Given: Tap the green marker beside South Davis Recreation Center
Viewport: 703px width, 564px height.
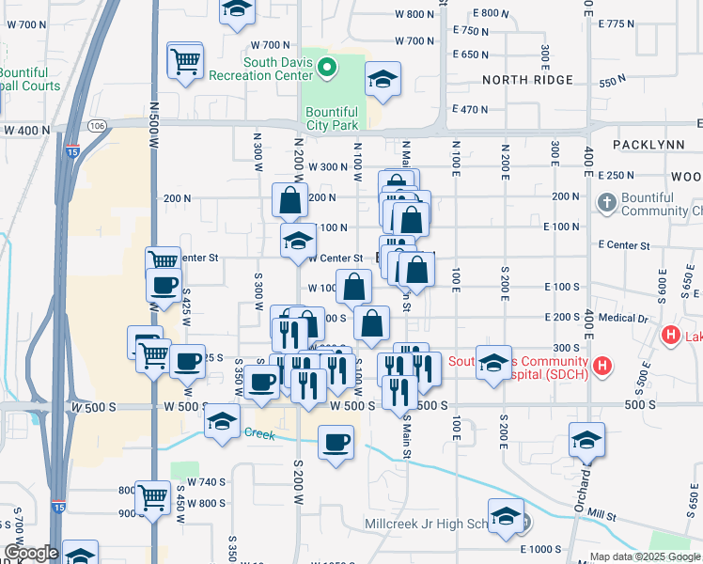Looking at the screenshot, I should tap(327, 67).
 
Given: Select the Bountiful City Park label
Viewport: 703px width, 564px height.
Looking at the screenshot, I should tap(332, 118).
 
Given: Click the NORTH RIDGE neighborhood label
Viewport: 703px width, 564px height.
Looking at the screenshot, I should tap(521, 80).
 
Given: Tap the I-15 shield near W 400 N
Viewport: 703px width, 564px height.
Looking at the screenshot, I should tap(72, 149).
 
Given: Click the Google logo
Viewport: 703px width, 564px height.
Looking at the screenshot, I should tap(31, 553).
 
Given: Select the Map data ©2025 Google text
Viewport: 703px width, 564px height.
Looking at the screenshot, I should tap(644, 556).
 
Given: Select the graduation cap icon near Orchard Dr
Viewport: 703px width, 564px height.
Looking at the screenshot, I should tap(586, 439).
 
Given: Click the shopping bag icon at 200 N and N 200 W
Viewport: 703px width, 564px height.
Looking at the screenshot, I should tap(289, 199).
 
